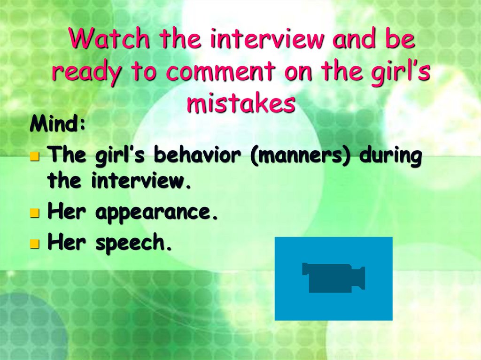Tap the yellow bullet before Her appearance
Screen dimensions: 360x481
click(34, 214)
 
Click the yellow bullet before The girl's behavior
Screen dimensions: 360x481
click(34, 156)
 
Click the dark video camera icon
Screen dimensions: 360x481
click(334, 278)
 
